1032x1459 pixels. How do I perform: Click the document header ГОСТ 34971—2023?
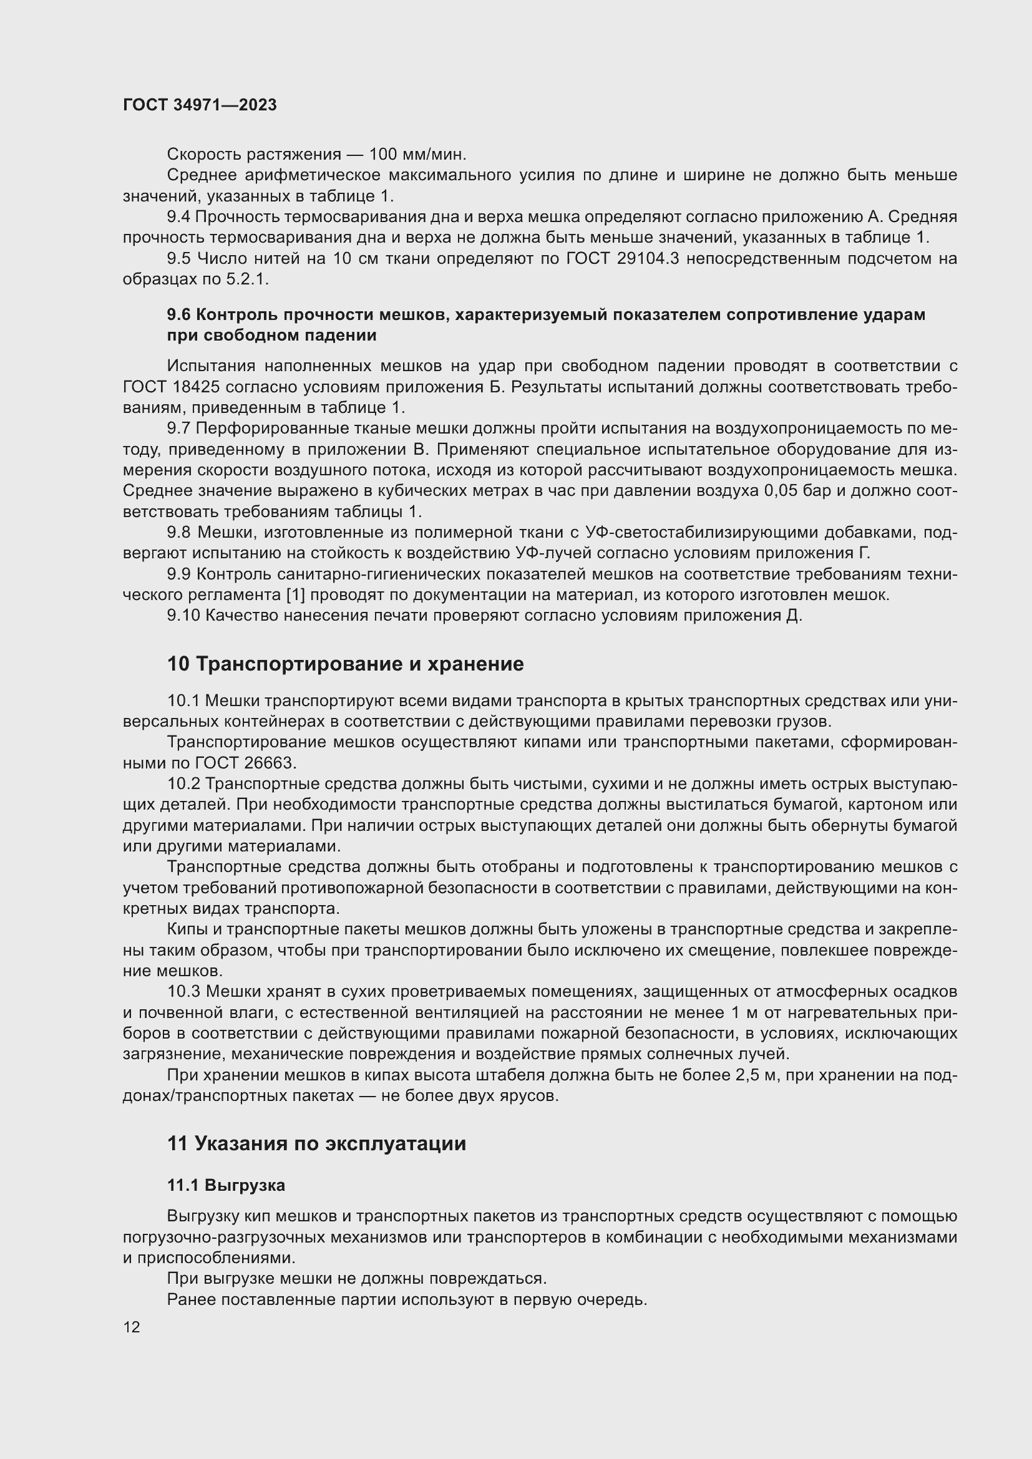pos(200,105)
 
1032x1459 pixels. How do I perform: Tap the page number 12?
pos(132,1327)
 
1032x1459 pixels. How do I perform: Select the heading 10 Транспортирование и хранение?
pos(345,664)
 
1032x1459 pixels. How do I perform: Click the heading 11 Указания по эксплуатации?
pos(316,1144)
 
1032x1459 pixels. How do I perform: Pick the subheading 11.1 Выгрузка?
pos(226,1185)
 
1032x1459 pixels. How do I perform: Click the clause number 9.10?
pos(183,616)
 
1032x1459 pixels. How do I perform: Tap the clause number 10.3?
pos(183,992)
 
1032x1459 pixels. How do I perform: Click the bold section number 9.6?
pos(179,315)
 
